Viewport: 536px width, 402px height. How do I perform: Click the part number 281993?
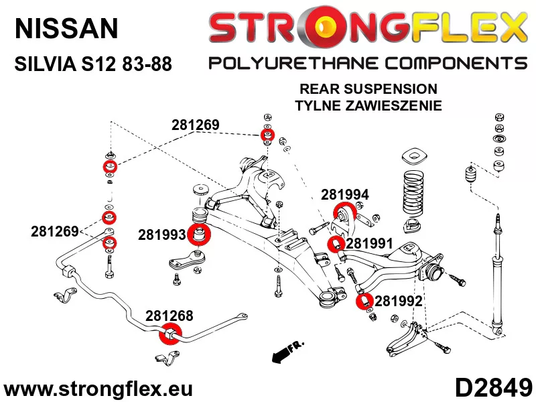[x=161, y=235]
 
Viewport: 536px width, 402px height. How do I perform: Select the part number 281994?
[x=345, y=195]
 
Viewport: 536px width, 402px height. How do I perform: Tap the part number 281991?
[x=370, y=244]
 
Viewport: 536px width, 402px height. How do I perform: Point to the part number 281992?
[x=399, y=301]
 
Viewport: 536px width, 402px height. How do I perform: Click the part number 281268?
[x=170, y=316]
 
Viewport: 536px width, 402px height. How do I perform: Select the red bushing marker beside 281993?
[x=199, y=234]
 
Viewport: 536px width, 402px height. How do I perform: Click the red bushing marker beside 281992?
[x=364, y=301]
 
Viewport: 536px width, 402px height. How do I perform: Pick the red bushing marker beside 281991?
[x=336, y=244]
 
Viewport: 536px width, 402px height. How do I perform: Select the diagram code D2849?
[x=493, y=389]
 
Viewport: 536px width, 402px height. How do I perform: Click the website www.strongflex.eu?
[x=98, y=389]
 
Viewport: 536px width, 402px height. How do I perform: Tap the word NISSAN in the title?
[x=66, y=28]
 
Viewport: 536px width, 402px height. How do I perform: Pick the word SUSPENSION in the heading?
[x=391, y=89]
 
